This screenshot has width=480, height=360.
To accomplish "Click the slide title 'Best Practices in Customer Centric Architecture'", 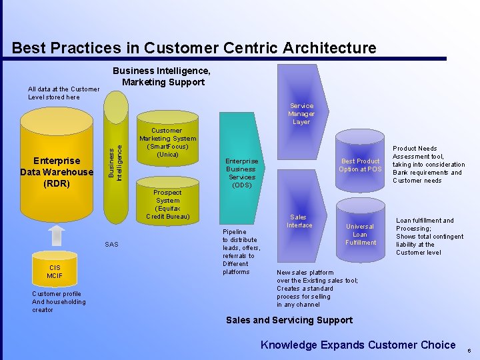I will click(194, 48).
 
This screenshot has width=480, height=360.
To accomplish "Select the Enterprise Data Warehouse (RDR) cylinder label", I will click(57, 172).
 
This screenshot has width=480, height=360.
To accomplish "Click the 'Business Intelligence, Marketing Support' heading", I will click(163, 77).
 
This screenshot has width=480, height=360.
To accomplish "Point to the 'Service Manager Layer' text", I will click(301, 114).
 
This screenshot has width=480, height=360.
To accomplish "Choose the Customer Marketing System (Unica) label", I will click(167, 143).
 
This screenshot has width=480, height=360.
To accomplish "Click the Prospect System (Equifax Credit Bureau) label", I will click(167, 205).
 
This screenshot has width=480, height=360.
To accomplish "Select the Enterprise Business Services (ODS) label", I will click(241, 173).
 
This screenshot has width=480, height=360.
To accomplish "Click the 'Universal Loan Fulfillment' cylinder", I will click(360, 234).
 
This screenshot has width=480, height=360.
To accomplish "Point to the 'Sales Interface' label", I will click(299, 221).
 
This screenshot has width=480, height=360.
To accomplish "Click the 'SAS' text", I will click(111, 245).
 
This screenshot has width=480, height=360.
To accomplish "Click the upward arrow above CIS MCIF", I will click(57, 235).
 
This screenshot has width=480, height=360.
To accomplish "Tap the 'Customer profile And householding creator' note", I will click(59, 302).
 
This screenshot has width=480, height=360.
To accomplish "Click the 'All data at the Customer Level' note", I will click(63, 93).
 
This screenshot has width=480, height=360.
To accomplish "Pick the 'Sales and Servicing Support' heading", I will click(289, 320).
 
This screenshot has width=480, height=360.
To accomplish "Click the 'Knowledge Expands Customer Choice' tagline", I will click(358, 345).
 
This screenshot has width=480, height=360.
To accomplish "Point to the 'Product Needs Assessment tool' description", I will click(428, 165).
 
